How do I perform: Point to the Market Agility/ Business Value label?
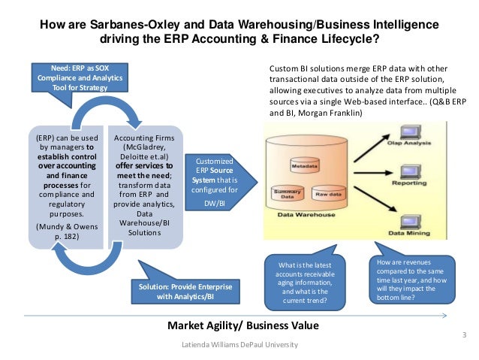click(242, 325)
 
